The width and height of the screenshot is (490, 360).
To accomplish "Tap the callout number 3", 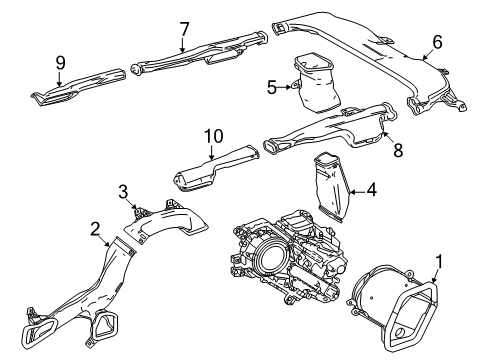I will (x=123, y=191).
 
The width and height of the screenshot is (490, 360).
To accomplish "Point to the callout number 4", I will (x=371, y=187).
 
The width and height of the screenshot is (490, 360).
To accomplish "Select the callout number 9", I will (x=60, y=62).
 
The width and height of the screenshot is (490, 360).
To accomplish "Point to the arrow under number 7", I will (x=183, y=44).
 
